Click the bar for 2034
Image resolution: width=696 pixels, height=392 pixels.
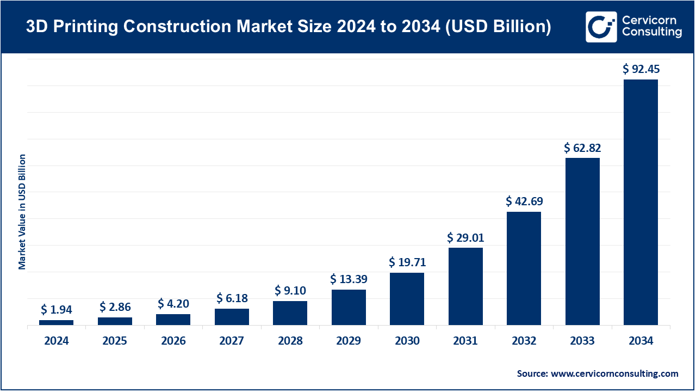pyautogui.click(x=641, y=203)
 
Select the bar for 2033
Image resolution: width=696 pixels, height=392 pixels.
pyautogui.click(x=582, y=242)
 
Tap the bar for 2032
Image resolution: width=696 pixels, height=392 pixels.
pyautogui.click(x=524, y=268)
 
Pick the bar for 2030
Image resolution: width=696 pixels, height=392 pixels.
pyautogui.click(x=407, y=299)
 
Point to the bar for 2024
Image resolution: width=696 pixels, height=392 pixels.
pyautogui.click(x=56, y=323)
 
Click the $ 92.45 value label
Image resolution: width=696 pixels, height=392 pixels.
pyautogui.click(x=641, y=69)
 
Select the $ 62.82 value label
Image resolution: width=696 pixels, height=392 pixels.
pyautogui.click(x=582, y=148)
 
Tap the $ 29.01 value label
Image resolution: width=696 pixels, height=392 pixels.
pyautogui.click(x=465, y=237)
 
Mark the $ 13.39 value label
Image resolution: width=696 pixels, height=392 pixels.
pyautogui.click(x=349, y=279)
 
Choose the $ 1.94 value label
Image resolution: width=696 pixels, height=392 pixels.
pyautogui.click(x=56, y=310)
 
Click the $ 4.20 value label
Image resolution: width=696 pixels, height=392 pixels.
pyautogui.click(x=173, y=303)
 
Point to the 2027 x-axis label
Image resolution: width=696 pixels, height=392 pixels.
pyautogui.click(x=232, y=341)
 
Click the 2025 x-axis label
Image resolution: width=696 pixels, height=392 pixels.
pyautogui.click(x=115, y=341)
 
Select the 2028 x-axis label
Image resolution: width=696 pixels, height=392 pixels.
pyautogui.click(x=290, y=341)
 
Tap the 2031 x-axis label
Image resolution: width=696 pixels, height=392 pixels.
pyautogui.click(x=465, y=341)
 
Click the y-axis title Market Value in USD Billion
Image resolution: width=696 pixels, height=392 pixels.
pyautogui.click(x=22, y=211)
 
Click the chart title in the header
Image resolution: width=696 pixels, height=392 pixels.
pyautogui.click(x=288, y=27)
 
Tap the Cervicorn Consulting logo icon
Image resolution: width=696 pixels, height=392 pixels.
pyautogui.click(x=601, y=27)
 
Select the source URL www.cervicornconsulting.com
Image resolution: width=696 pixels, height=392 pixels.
pyautogui.click(x=614, y=373)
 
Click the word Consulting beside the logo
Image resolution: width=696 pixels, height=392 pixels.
pyautogui.click(x=652, y=33)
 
